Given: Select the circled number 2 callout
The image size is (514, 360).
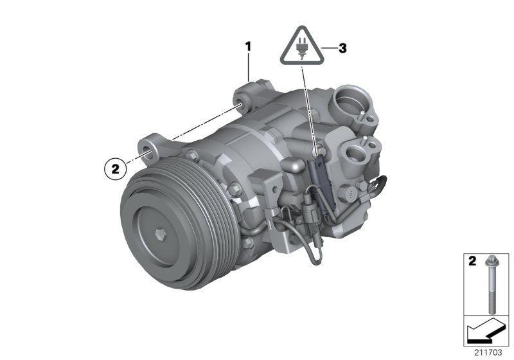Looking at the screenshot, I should click(116, 168).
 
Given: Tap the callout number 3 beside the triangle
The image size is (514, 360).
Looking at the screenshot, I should click(342, 48).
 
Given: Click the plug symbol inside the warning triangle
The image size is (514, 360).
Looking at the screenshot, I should click(301, 48).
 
